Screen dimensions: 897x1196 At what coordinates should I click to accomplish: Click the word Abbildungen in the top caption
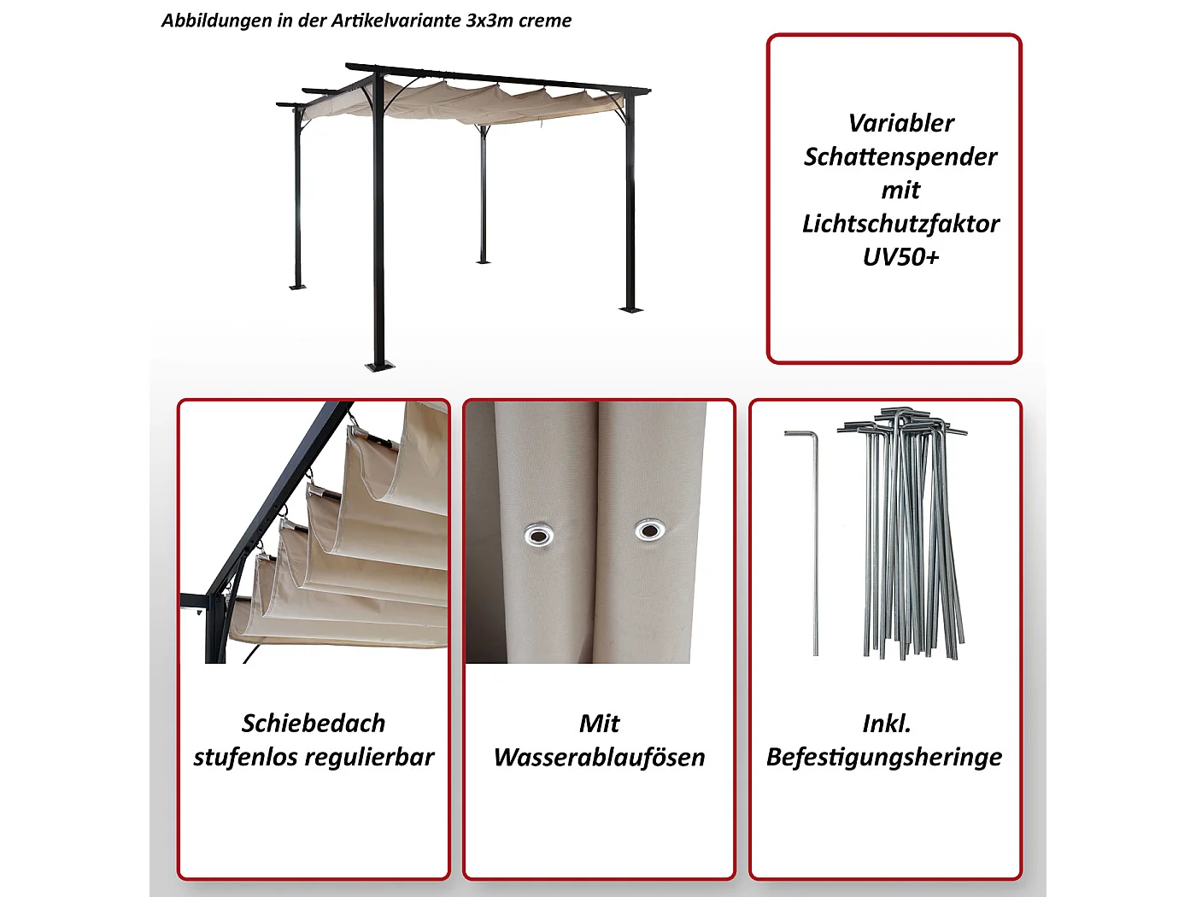217,21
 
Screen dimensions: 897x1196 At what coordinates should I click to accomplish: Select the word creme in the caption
544,21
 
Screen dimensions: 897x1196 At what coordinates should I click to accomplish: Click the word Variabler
900,123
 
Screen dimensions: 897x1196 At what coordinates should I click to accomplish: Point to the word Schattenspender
900,156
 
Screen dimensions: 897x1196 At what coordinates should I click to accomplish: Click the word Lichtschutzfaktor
900,224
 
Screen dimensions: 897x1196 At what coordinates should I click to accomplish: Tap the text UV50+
900,257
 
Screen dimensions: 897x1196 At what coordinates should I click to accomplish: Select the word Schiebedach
314,724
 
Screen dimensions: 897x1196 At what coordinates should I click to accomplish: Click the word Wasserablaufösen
599,758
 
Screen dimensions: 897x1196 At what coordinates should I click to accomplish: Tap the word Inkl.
886,724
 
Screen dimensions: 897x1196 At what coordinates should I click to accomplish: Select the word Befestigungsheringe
884,758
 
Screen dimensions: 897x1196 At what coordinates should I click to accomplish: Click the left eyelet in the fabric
538,536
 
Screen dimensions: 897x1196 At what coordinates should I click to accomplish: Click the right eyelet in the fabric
650,531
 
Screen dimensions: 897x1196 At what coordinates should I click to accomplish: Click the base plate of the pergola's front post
380,366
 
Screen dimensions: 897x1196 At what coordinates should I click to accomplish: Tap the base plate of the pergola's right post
630,308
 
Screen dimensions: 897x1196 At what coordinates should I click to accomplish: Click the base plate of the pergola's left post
298,286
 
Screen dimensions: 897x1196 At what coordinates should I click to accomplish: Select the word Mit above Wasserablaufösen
599,724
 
